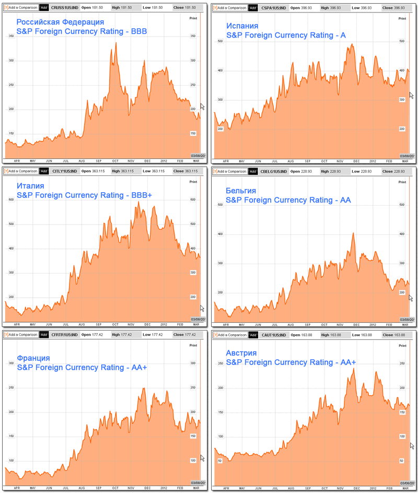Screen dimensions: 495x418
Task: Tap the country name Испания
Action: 242,26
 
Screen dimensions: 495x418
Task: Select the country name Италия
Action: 30,186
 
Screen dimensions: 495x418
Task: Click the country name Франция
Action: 33,358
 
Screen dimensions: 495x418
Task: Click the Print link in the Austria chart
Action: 402,346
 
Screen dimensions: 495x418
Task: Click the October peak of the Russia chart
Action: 115,43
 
